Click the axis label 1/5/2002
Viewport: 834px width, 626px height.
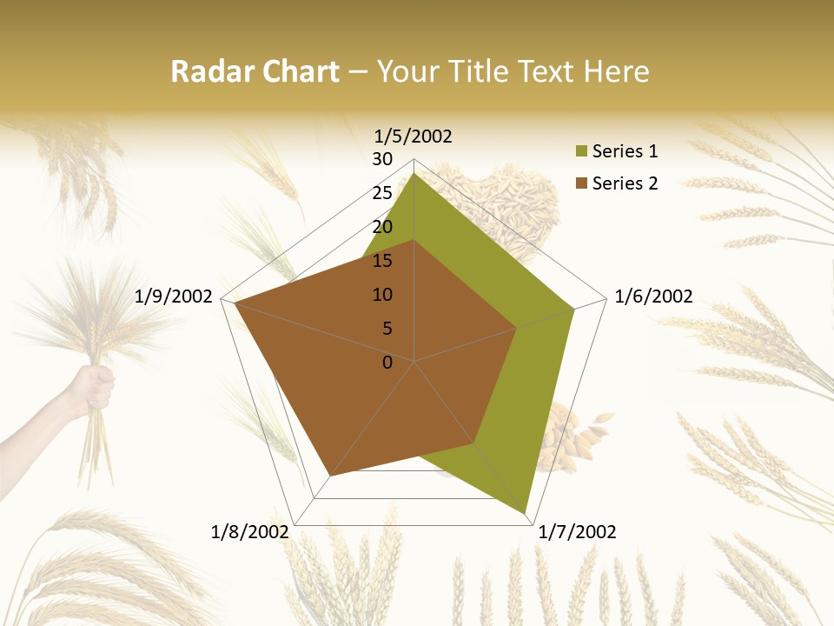tap(414, 136)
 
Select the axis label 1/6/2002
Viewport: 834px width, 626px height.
tap(653, 296)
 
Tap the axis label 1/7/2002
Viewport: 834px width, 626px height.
tap(578, 531)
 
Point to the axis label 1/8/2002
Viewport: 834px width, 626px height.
tap(250, 531)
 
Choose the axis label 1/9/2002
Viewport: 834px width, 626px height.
tap(174, 296)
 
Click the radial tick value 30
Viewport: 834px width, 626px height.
tap(382, 159)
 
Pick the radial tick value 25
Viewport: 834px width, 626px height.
tap(382, 193)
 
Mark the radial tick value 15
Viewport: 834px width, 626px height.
tap(382, 261)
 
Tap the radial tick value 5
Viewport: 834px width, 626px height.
tap(387, 329)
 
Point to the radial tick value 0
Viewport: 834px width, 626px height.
tap(387, 363)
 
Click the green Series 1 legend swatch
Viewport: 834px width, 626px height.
tap(581, 152)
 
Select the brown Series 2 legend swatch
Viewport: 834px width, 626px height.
tap(581, 183)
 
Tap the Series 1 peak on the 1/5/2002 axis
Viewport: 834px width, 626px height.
tap(414, 173)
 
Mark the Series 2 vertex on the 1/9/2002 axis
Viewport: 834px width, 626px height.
tap(235, 303)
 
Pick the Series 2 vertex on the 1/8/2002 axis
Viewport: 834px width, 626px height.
tap(329, 476)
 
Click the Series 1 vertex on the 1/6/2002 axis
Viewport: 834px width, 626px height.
tap(574, 309)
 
